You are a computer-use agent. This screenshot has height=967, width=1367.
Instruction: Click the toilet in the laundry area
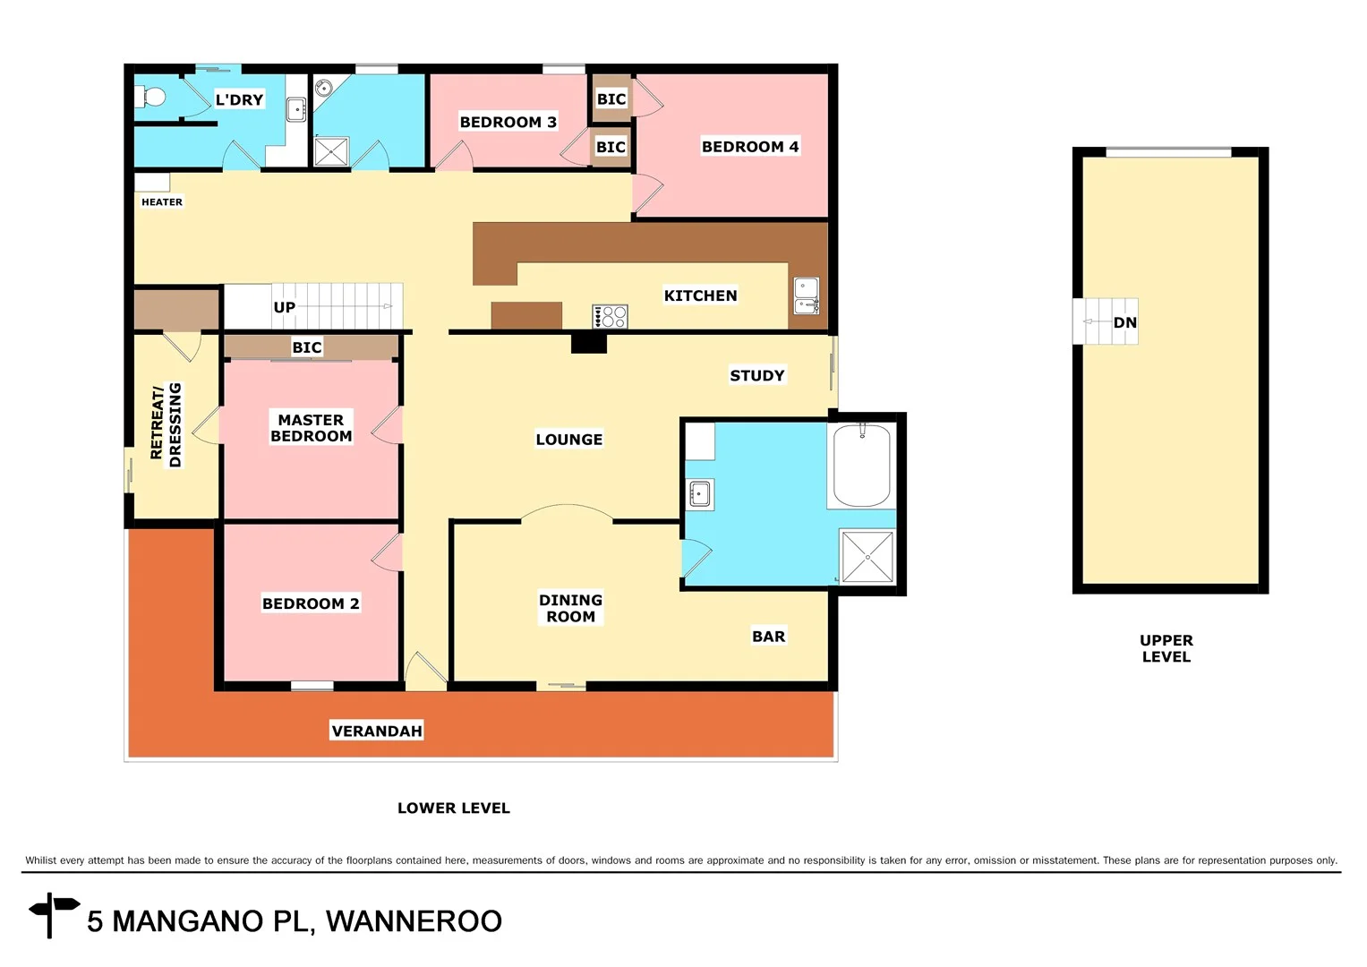click(x=152, y=96)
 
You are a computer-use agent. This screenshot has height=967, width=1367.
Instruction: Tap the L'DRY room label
click(x=239, y=99)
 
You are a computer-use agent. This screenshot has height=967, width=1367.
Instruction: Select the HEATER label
click(x=162, y=202)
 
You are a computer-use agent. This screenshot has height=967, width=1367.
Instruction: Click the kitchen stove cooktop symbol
click(x=610, y=316)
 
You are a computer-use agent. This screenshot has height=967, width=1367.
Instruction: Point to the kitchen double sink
click(x=807, y=296)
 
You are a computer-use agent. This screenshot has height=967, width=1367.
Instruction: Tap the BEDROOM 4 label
click(x=749, y=147)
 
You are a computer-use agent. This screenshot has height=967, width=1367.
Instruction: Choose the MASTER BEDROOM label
click(x=311, y=428)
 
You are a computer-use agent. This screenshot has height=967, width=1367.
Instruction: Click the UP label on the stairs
click(x=284, y=307)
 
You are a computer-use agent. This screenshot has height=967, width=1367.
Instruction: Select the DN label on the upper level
click(x=1124, y=322)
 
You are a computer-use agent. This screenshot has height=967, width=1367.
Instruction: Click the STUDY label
click(x=756, y=376)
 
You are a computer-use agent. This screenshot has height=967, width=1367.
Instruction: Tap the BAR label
click(x=768, y=637)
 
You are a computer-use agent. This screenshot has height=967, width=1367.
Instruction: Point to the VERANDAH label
click(x=376, y=731)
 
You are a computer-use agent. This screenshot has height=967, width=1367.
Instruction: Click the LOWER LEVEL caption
click(x=453, y=808)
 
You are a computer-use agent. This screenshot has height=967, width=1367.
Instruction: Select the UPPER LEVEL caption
click(x=1166, y=648)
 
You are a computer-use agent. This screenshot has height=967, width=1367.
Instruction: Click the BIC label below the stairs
click(x=306, y=347)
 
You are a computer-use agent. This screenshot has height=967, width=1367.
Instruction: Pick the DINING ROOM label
click(x=570, y=608)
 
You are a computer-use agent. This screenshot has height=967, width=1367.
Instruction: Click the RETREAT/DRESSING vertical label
click(x=167, y=424)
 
